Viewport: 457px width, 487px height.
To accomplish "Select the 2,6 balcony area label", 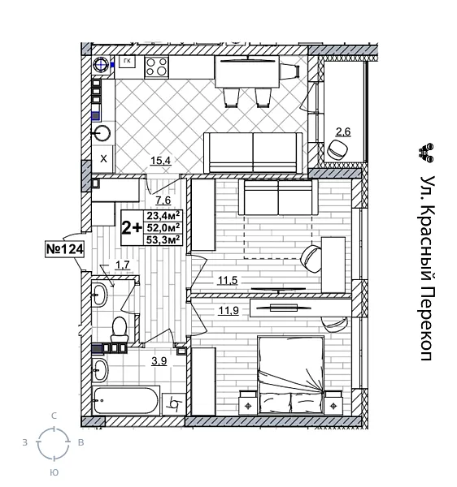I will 343,131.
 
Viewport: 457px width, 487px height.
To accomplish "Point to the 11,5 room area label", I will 227,281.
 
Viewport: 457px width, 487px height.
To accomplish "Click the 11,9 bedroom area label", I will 227,308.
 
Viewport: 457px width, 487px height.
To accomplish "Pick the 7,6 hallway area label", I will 162,200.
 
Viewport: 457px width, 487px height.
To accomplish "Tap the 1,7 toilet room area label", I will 123,264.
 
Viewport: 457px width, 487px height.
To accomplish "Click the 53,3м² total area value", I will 163,239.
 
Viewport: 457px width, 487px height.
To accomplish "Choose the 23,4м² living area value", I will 163,216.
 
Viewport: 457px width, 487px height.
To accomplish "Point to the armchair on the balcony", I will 338,149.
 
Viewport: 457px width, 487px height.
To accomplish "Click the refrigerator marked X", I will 103,158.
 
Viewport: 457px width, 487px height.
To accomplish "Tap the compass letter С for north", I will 54,416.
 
